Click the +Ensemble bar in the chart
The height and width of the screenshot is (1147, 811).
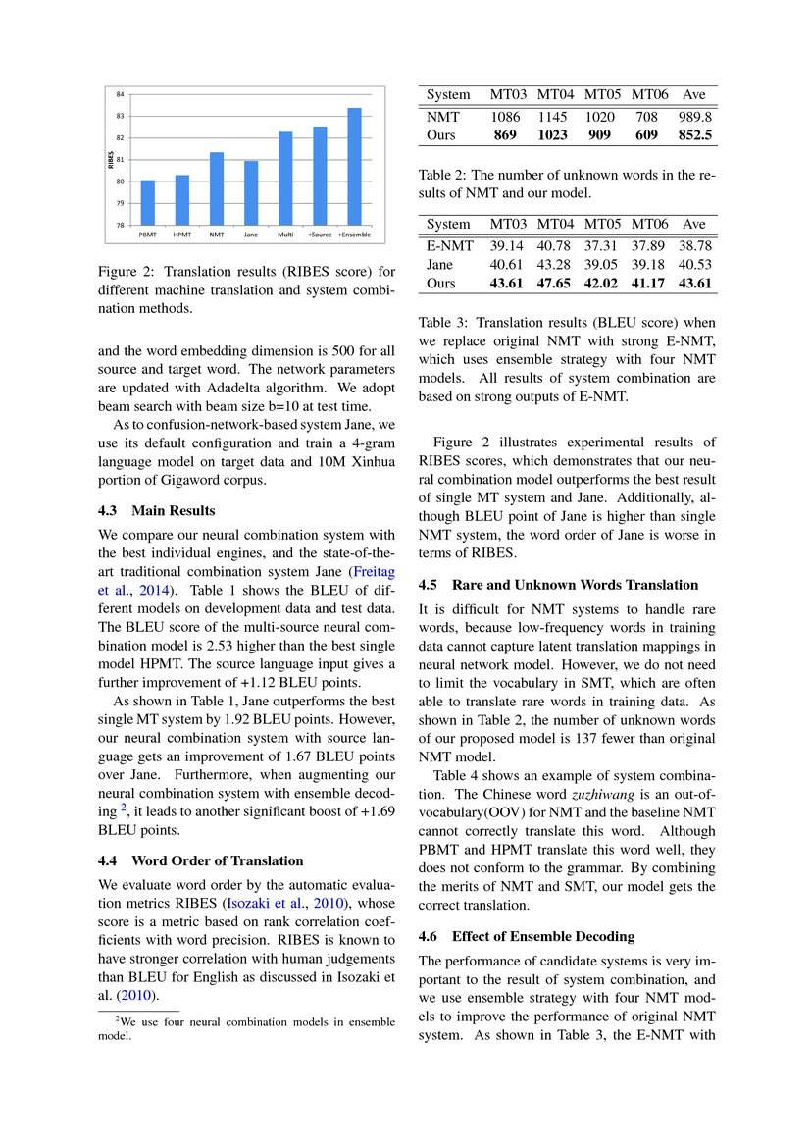[x=354, y=167]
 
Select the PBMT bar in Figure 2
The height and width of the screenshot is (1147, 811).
[x=148, y=202]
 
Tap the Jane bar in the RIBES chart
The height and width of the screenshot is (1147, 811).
[x=251, y=192]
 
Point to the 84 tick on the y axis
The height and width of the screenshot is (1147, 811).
[x=120, y=94]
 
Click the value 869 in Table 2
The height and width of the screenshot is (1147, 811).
[x=505, y=134]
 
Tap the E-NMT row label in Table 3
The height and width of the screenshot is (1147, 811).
[x=450, y=245]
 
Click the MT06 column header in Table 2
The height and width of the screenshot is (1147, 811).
[x=649, y=94]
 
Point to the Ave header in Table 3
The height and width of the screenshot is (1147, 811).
[x=695, y=224]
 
